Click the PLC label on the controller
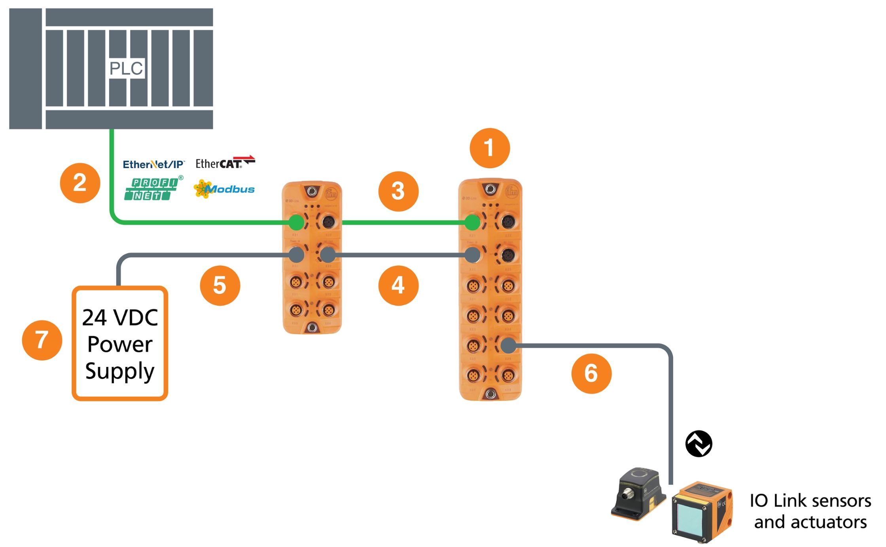point(127,68)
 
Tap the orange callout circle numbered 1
point(490,148)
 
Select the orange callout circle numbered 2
point(80,183)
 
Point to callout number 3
point(398,191)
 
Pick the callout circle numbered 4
point(398,286)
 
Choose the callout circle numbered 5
point(220,286)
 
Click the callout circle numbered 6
point(591,373)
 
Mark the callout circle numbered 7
point(42,340)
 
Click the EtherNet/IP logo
point(153,164)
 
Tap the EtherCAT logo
point(225,163)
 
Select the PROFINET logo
point(152,189)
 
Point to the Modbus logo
point(224,189)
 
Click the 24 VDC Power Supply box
point(120,343)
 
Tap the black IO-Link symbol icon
point(699,444)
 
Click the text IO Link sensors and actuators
point(810,511)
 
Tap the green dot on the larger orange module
point(472,223)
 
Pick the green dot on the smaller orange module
point(296,223)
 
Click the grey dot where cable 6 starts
point(508,346)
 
